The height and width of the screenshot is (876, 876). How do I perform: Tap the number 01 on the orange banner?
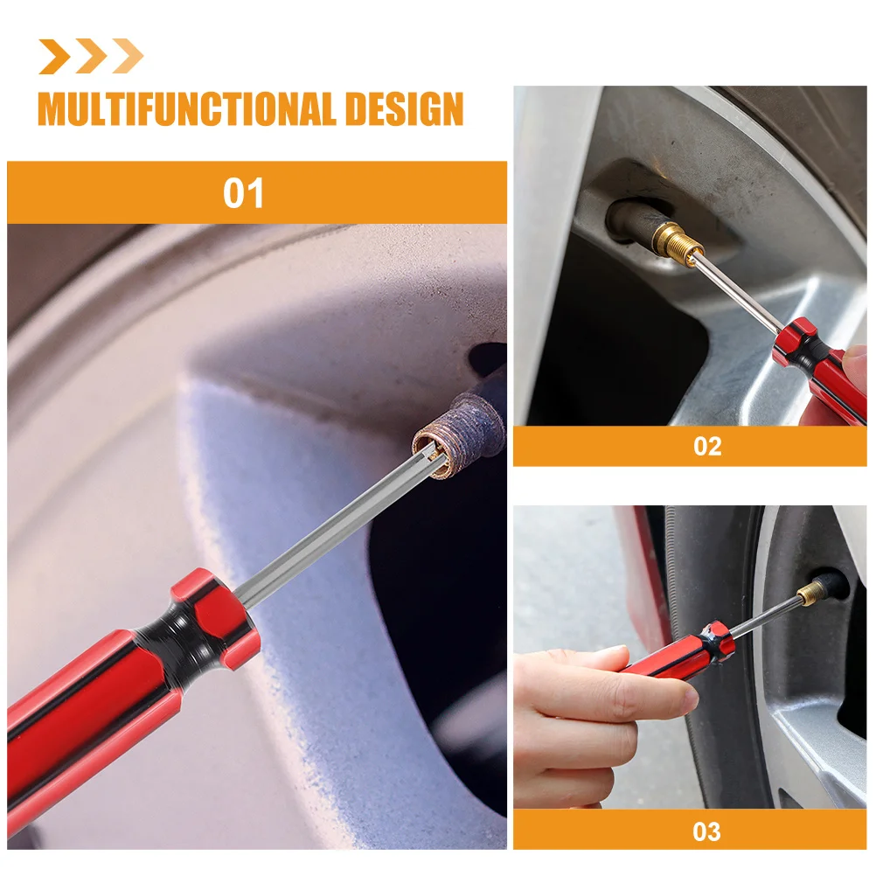coord(243,193)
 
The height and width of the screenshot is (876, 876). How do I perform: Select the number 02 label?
coord(706,447)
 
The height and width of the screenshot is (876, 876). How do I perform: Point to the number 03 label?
coord(706,831)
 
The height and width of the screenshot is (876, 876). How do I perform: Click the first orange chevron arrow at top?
coord(54,57)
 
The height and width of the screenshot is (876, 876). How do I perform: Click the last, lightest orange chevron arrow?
coord(128,57)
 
